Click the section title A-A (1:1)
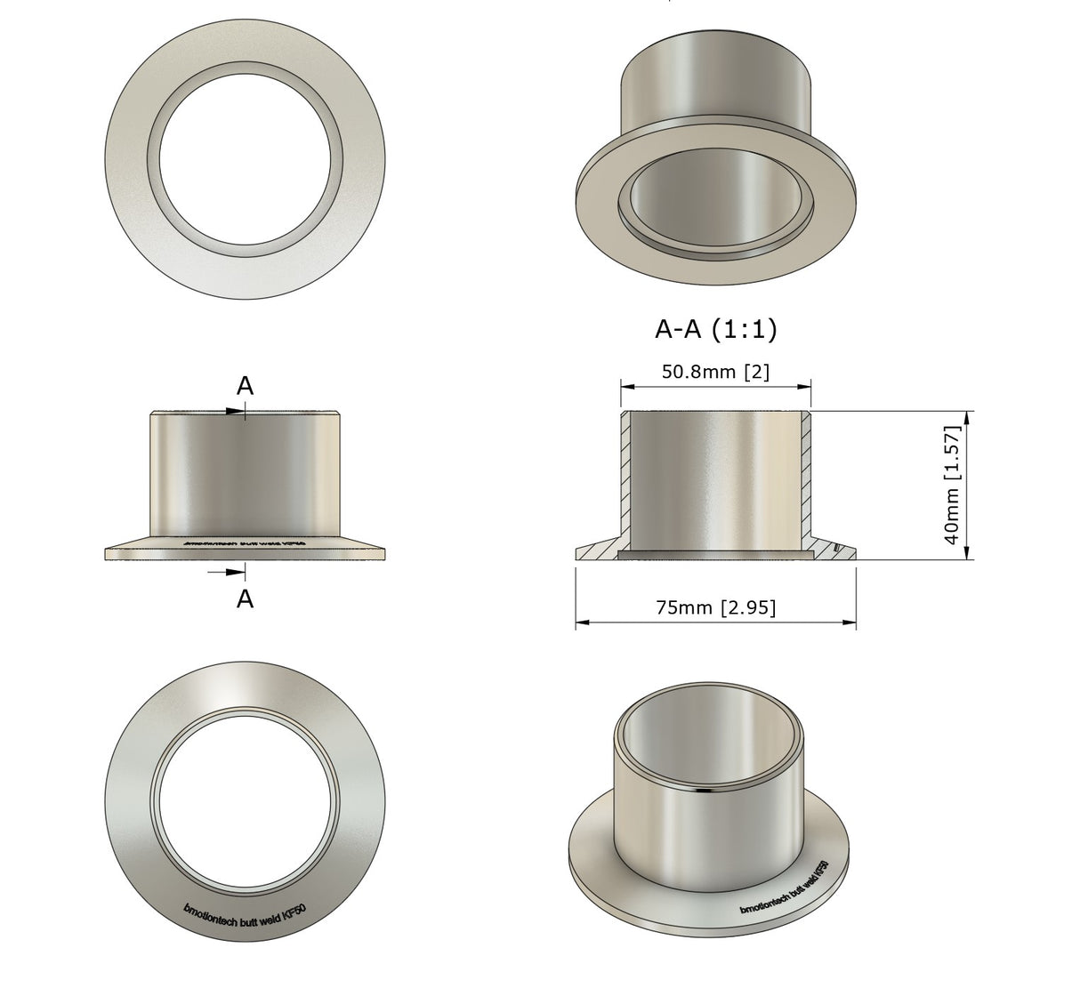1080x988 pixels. pyautogui.click(x=715, y=330)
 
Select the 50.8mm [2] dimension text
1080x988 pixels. pyautogui.click(x=715, y=372)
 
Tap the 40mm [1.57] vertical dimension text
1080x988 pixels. pyautogui.click(x=952, y=486)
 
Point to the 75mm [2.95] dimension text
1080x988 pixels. pyautogui.click(x=715, y=607)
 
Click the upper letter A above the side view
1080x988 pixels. pyautogui.click(x=245, y=386)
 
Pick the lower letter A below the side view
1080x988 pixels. pyautogui.click(x=245, y=599)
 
